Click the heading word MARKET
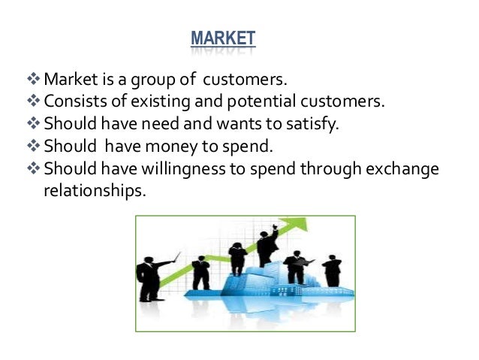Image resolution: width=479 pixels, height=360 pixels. pyautogui.click(x=223, y=38)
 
